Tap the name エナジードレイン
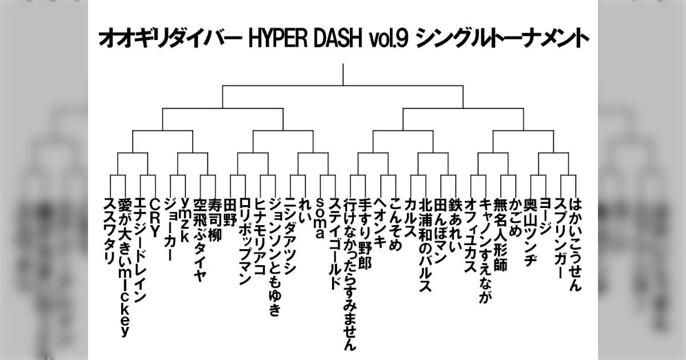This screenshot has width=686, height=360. coord(139,250)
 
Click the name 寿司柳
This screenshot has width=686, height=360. coord(214,220)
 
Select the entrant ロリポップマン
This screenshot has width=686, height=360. coord(244,241)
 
